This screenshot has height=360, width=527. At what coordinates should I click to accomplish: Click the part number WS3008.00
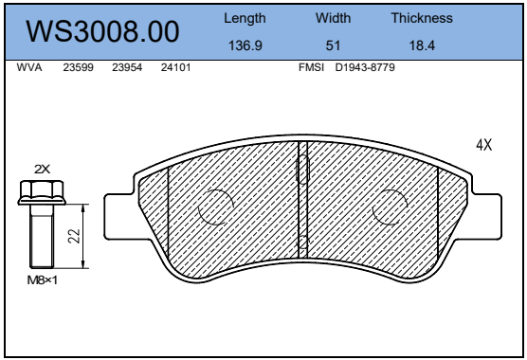point(103,31)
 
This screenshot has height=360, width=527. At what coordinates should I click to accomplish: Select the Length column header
point(245,18)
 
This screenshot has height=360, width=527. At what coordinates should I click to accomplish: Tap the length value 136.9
point(245,45)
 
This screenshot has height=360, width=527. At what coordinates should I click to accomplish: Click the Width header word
point(333,18)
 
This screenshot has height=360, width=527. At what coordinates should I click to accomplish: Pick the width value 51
point(333,45)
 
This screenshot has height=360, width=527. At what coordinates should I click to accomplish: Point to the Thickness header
point(422,18)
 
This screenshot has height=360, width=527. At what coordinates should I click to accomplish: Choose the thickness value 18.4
point(422,45)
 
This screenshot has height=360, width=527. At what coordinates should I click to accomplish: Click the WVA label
point(29,67)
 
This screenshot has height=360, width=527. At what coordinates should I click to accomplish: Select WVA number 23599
point(79,67)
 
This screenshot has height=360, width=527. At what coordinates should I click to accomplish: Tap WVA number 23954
point(127,67)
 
